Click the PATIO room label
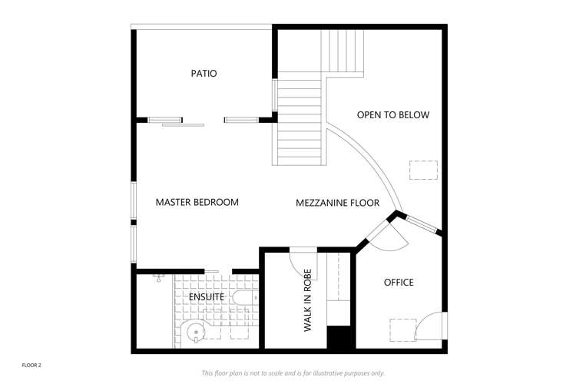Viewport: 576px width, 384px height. [x=204, y=74]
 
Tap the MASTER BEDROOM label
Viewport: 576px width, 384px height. [x=197, y=203]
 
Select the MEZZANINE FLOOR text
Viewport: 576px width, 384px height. [x=337, y=204]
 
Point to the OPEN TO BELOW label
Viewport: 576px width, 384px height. [x=392, y=115]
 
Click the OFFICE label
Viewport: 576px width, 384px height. [x=399, y=283]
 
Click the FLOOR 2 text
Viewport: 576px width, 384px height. [x=31, y=365]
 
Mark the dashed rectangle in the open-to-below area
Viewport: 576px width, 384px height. [x=422, y=170]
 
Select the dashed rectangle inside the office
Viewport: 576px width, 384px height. [x=402, y=329]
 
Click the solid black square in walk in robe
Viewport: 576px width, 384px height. [x=339, y=337]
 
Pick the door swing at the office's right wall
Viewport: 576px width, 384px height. [x=430, y=326]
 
